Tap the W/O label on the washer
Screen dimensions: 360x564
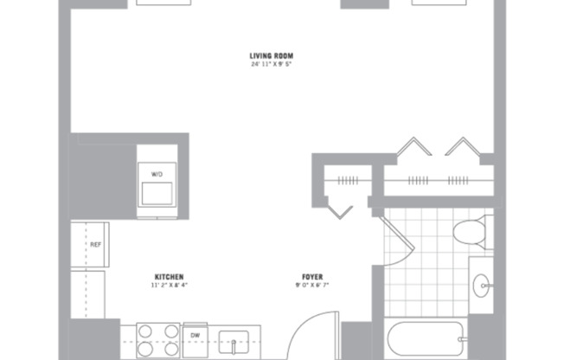[x=157, y=174]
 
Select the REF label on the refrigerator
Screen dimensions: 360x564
[x=96, y=245]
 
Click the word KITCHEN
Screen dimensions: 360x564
[x=169, y=277]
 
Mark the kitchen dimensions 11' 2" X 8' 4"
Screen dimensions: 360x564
[x=169, y=286]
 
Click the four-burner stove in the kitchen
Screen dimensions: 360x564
[x=157, y=338]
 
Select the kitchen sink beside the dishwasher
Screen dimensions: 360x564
[x=234, y=340]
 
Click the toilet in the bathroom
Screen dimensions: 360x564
[x=468, y=233]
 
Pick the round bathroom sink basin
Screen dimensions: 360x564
[x=482, y=281]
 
